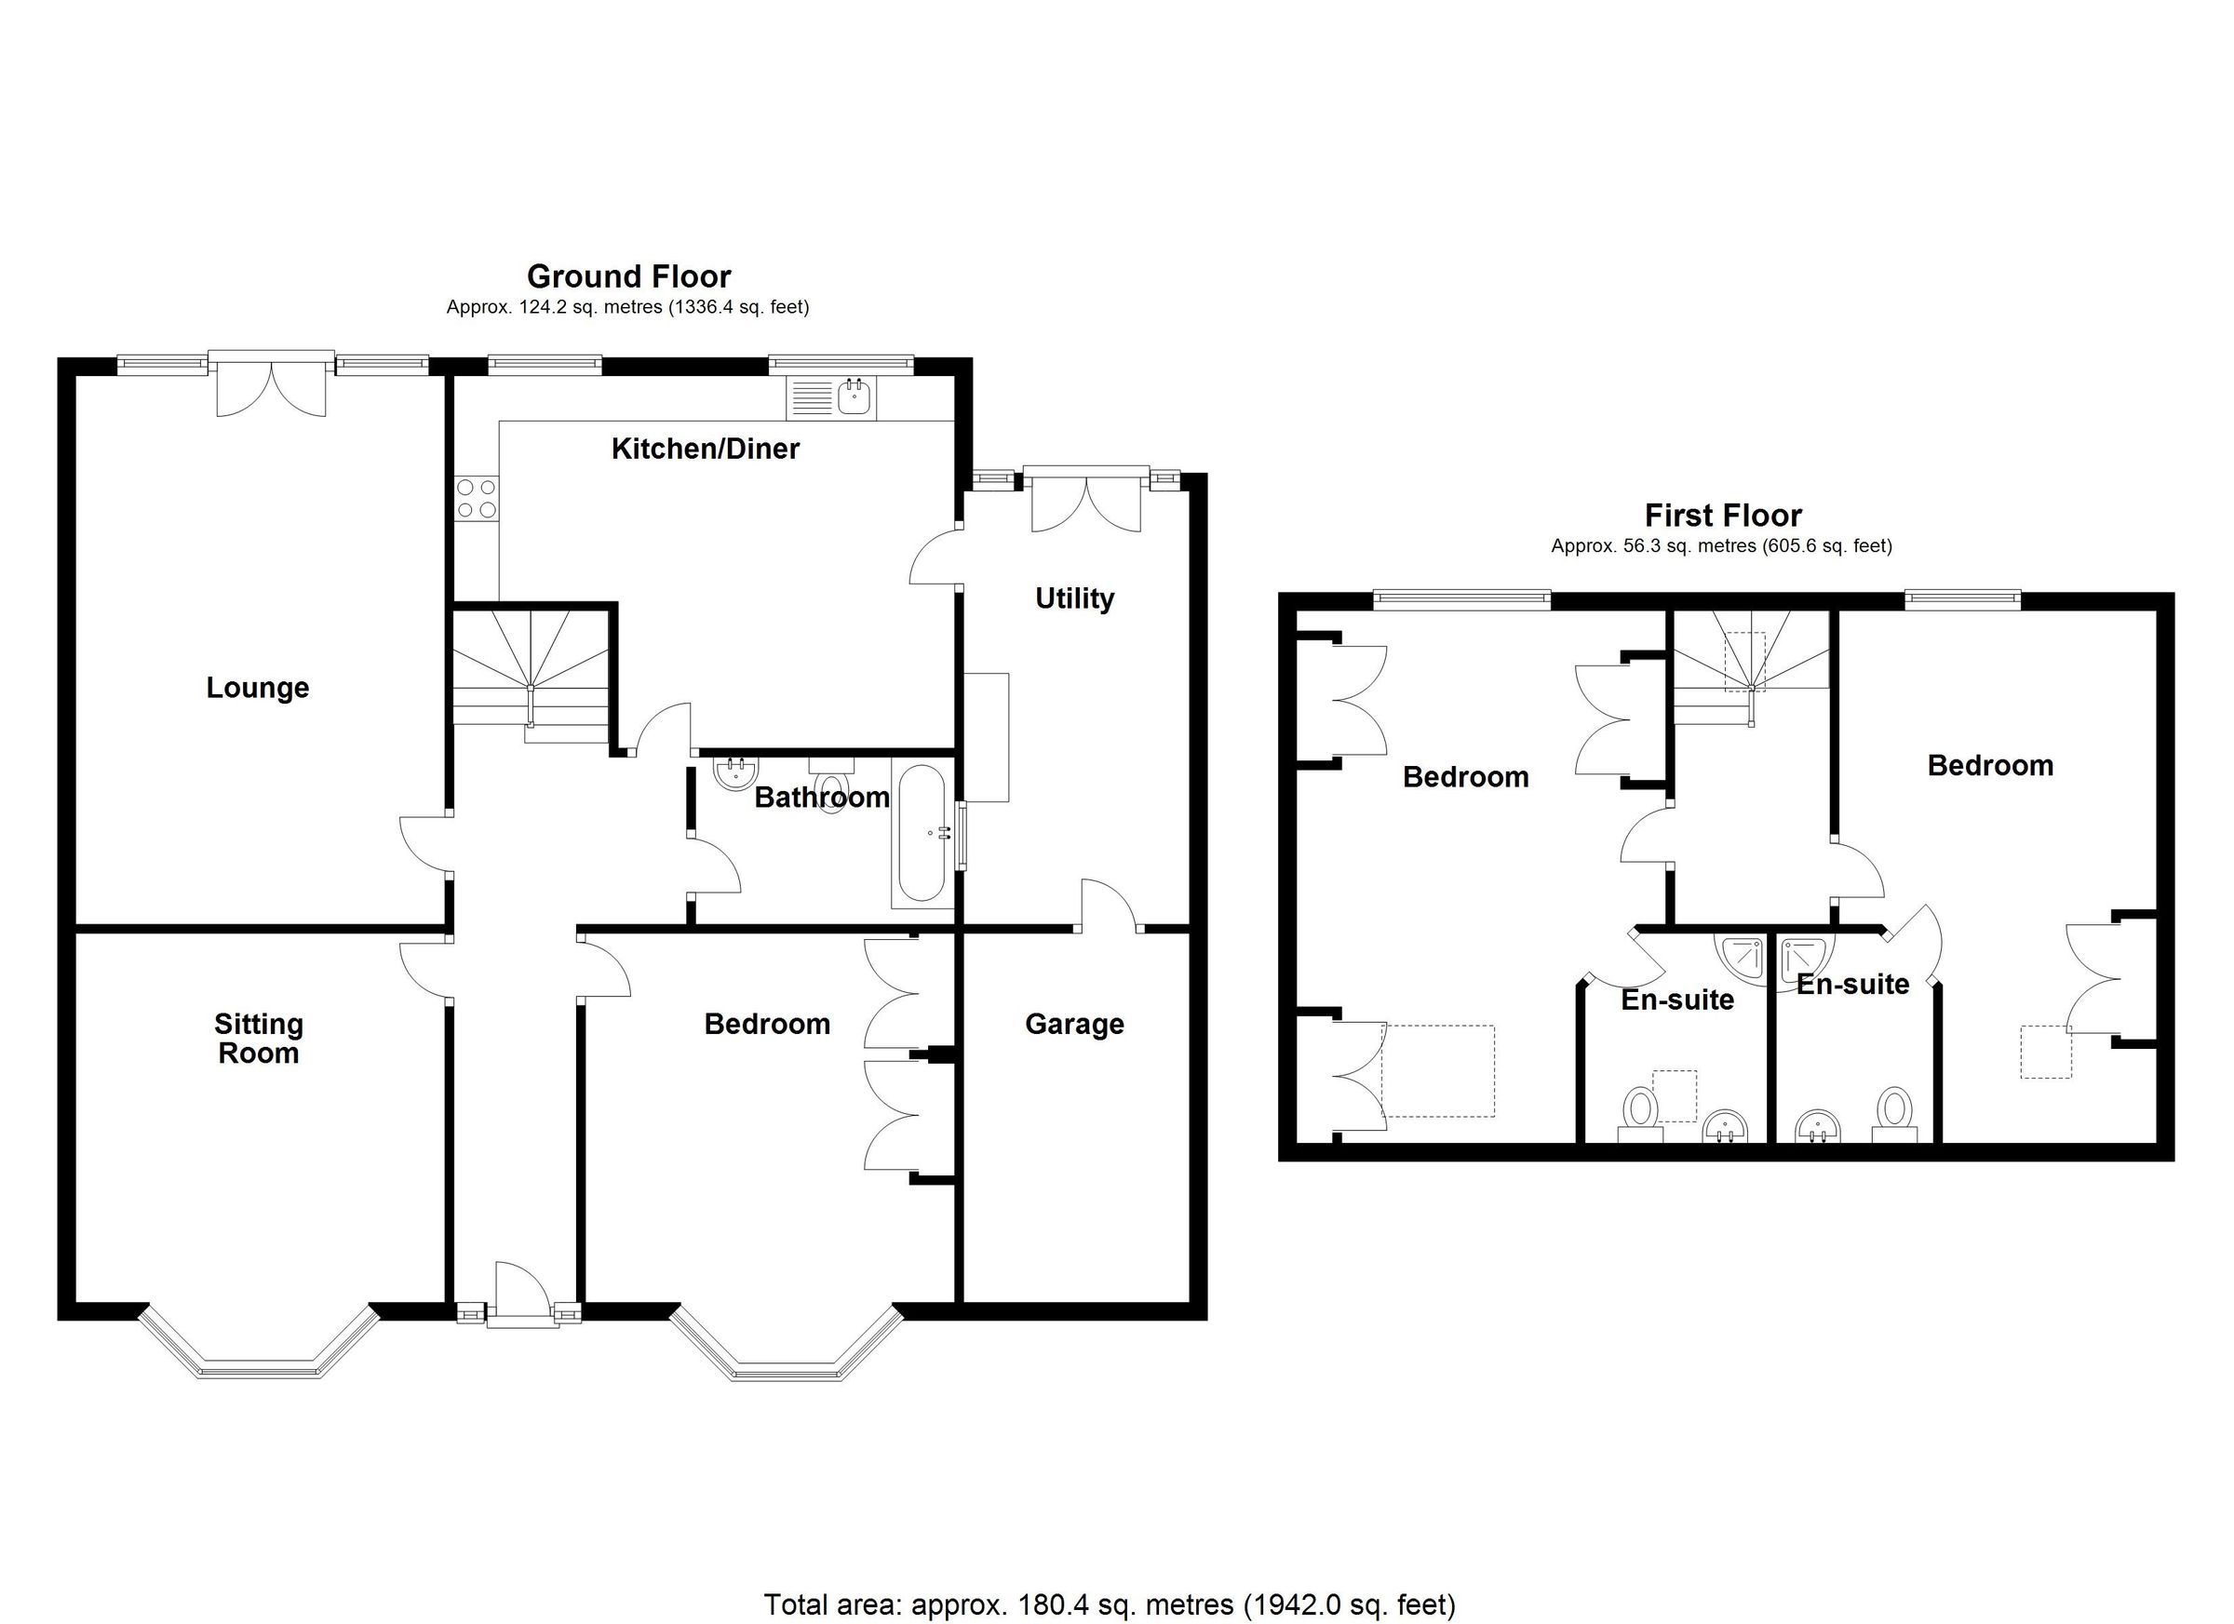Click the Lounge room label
point(257,688)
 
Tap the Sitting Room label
point(258,1038)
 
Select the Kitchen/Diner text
point(706,450)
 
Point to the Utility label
point(1074,597)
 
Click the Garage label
point(1073,1025)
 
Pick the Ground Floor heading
point(628,275)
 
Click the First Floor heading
point(1723,515)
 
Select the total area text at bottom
point(1110,1605)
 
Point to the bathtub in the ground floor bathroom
point(921,833)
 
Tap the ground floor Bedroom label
point(766,1025)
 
